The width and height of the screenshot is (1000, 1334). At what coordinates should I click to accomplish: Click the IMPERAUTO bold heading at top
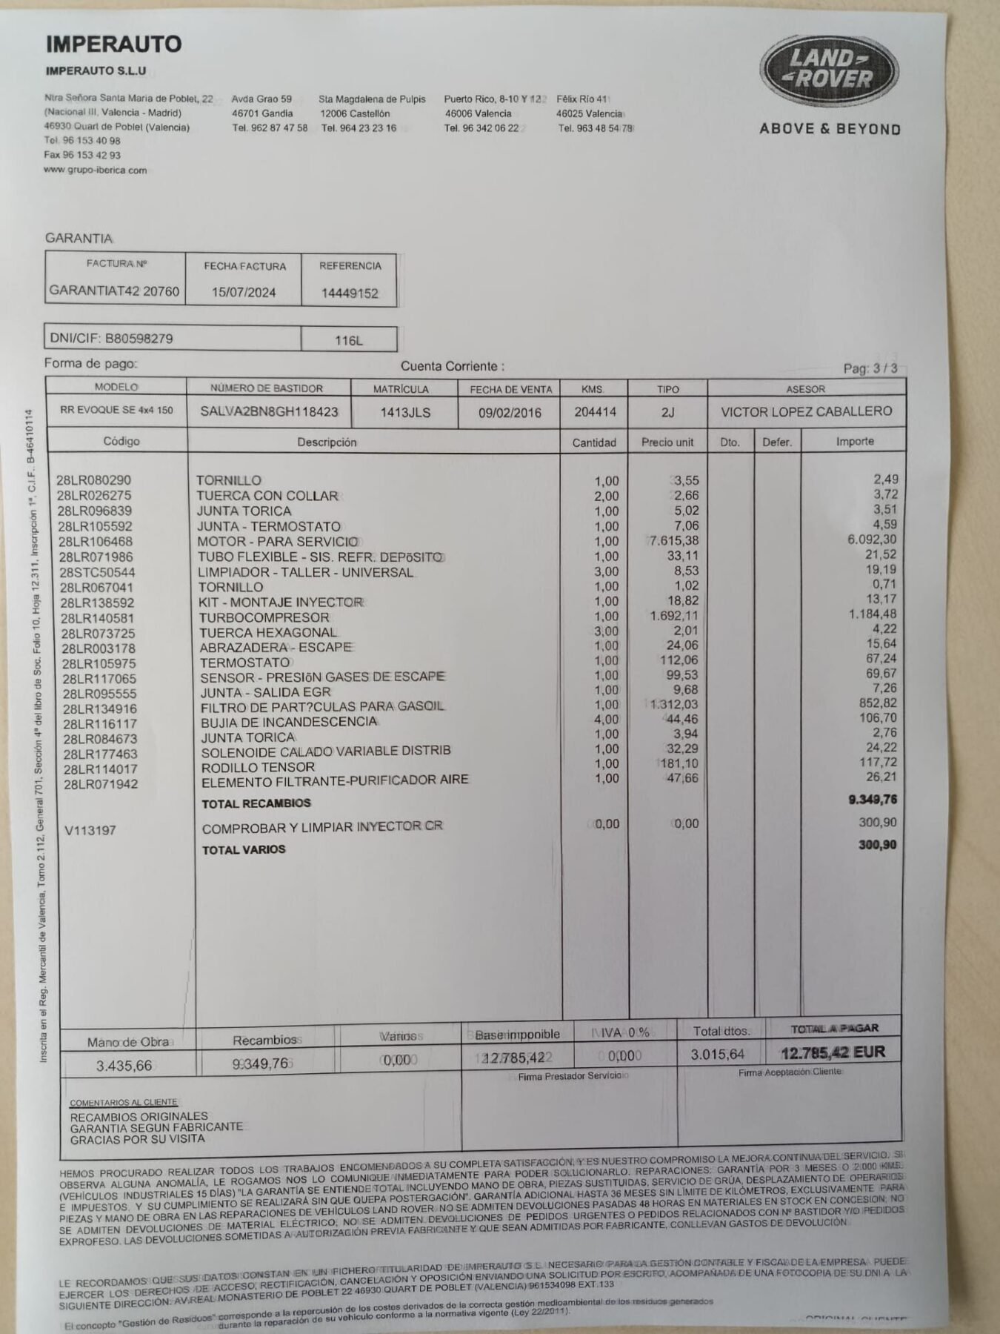[114, 44]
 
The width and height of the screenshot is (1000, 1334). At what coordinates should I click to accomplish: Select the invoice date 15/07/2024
[244, 292]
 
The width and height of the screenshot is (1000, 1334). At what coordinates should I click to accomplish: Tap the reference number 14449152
[350, 293]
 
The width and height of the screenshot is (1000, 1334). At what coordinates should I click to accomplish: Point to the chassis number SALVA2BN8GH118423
[269, 412]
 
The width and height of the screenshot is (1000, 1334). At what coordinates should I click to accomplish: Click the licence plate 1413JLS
[405, 413]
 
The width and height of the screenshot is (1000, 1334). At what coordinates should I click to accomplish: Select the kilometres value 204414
[595, 412]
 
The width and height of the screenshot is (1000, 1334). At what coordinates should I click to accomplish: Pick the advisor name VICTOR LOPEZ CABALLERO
[806, 411]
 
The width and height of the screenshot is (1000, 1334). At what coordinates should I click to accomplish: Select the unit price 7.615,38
[673, 541]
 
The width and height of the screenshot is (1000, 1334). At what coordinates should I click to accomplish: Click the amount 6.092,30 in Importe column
[872, 540]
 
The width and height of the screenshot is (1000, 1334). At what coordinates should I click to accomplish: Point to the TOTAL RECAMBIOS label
[256, 803]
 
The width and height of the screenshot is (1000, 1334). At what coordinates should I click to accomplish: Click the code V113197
[90, 830]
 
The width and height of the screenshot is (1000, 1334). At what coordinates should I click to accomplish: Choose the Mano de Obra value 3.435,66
[124, 1066]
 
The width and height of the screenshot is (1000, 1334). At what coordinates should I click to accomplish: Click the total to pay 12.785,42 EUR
[833, 1052]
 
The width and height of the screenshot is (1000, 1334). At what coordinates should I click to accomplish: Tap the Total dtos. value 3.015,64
[717, 1054]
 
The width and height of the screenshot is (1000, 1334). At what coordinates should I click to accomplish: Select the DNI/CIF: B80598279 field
[111, 339]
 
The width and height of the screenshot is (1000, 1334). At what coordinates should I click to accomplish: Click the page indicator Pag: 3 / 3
[870, 368]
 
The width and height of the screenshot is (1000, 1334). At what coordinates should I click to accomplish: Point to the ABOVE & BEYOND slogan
[830, 129]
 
